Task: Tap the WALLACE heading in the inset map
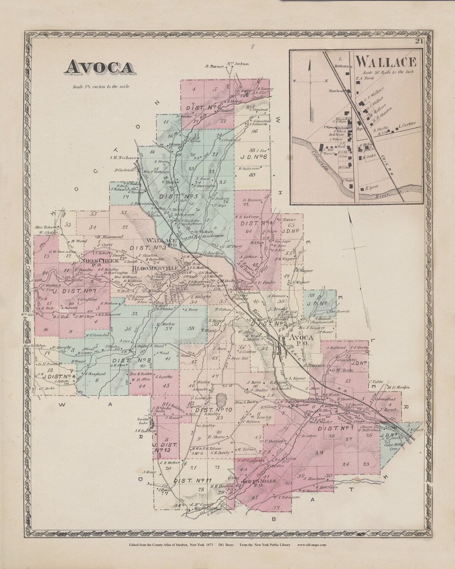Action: coord(386,62)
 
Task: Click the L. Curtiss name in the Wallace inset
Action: coord(408,125)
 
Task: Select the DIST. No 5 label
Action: coord(178,196)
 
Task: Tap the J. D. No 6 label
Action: coord(256,158)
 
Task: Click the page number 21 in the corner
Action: coord(418,41)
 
